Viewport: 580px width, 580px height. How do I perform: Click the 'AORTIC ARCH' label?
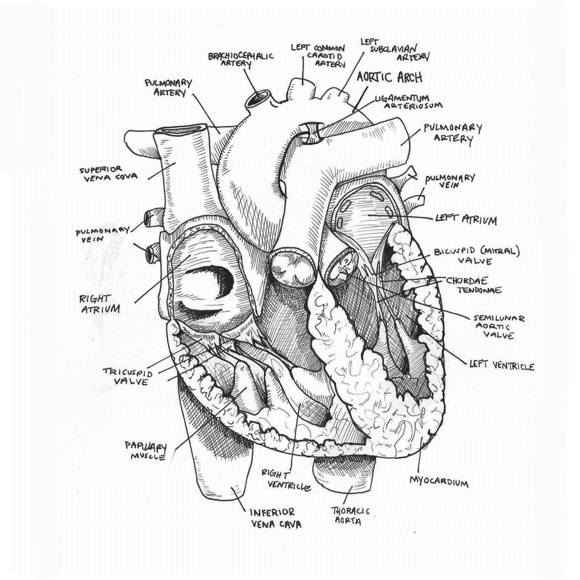coord(390,77)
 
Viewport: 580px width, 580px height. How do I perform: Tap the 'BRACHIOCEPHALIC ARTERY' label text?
coord(241,59)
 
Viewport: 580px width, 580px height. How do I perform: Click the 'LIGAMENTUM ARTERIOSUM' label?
coord(409,101)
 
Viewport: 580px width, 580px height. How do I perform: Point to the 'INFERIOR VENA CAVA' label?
coord(276,518)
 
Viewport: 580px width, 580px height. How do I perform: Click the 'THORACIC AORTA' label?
coord(355,514)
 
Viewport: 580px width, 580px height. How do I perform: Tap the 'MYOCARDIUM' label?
coord(438,483)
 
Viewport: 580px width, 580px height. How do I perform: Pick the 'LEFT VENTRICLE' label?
coord(502,366)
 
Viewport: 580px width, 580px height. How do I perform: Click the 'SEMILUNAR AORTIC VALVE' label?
coord(498,327)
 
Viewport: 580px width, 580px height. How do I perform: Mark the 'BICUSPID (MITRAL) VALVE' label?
coord(476,255)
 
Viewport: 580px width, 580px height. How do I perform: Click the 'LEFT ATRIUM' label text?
coord(466,219)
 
